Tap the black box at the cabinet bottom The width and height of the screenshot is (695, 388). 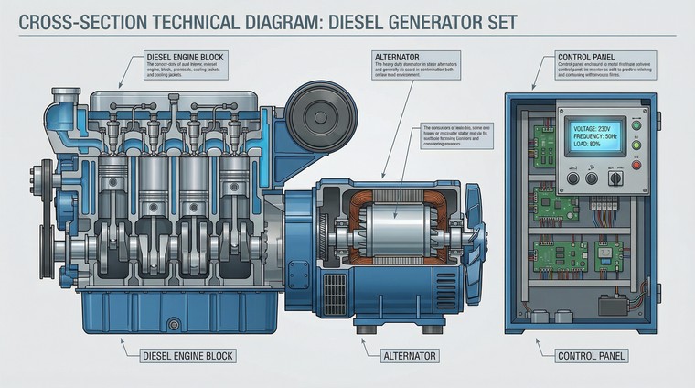click(612, 304)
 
